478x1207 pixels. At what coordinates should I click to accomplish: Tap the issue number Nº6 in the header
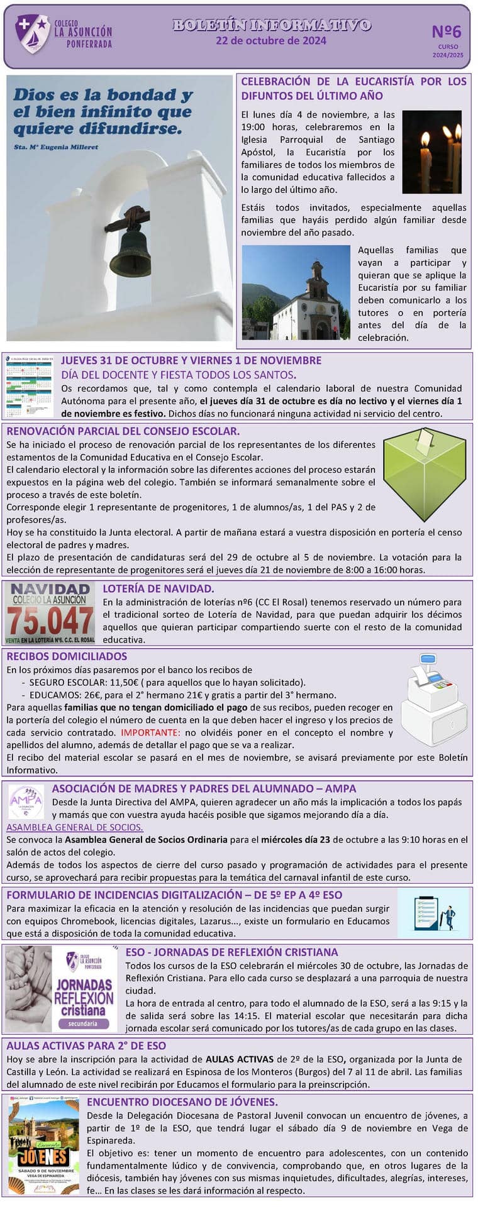447,31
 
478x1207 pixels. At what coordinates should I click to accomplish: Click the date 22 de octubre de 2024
270,41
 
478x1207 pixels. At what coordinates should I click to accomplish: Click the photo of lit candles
431,152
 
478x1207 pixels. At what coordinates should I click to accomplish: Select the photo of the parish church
296,292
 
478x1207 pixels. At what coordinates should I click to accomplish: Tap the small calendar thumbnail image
30,387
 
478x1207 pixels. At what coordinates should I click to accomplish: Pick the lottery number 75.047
50,620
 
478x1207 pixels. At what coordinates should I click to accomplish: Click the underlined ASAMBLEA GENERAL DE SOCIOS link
75,827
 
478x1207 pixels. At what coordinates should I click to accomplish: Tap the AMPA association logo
26,802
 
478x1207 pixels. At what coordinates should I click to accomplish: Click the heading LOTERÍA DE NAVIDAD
158,589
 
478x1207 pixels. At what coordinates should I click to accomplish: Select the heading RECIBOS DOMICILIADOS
67,656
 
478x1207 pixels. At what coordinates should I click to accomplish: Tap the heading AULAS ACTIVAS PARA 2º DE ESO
86,1045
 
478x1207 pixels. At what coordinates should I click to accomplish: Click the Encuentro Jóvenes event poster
44,1147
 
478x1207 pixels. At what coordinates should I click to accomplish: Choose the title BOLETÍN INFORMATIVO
271,25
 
